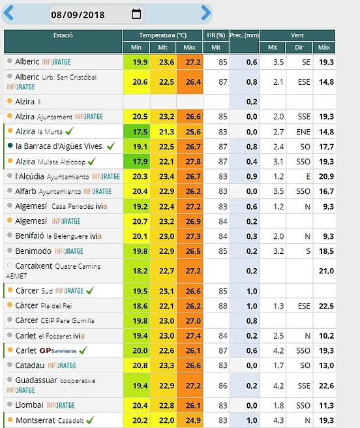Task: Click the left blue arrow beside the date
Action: click(x=8, y=13)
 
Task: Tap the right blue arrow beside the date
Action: click(x=206, y=13)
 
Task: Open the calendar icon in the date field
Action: click(x=136, y=14)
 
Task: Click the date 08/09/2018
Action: click(x=78, y=15)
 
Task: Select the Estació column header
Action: click(x=63, y=35)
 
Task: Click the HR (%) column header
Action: click(x=216, y=35)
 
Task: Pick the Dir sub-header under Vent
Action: click(x=299, y=48)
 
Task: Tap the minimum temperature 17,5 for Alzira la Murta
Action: click(x=140, y=132)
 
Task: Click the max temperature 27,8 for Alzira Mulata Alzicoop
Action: click(x=193, y=162)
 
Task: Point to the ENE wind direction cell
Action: click(x=303, y=132)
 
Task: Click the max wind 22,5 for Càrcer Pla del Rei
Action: click(x=327, y=306)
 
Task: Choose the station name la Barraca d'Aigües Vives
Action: click(x=59, y=146)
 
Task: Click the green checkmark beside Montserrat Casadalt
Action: click(x=91, y=420)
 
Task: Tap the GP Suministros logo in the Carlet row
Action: click(x=58, y=351)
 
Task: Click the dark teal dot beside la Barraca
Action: click(x=10, y=145)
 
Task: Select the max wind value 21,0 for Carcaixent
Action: click(x=327, y=271)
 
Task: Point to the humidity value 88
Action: click(x=222, y=306)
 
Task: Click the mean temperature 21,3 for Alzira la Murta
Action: click(x=166, y=132)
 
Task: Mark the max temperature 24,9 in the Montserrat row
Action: click(x=193, y=420)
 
